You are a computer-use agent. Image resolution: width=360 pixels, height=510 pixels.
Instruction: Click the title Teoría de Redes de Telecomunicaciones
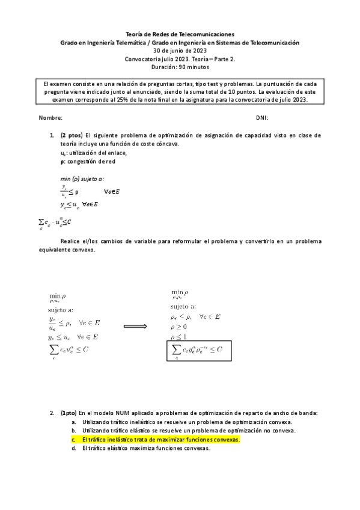pyautogui.click(x=180, y=35)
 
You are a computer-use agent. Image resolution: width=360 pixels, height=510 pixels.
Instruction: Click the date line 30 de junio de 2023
pyautogui.click(x=180, y=51)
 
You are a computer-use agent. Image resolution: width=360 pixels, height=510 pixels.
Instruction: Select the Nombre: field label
pyautogui.click(x=50, y=118)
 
